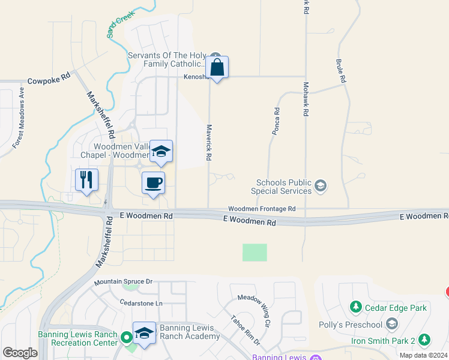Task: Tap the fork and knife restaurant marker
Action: [x=86, y=179]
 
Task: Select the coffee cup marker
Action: [x=153, y=183]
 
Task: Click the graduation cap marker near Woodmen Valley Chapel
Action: [x=161, y=151]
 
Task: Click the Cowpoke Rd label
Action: [x=49, y=78]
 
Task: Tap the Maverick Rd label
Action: [x=209, y=142]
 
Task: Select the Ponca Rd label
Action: [x=277, y=121]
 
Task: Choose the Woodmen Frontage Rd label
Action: [x=262, y=208]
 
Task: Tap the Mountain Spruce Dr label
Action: [x=124, y=281]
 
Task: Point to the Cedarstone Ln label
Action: [x=141, y=303]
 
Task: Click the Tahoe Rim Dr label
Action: [x=246, y=331]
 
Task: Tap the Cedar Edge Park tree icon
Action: [x=356, y=308]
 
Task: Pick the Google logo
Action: [x=20, y=353]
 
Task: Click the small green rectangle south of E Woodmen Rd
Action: [x=255, y=252]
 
